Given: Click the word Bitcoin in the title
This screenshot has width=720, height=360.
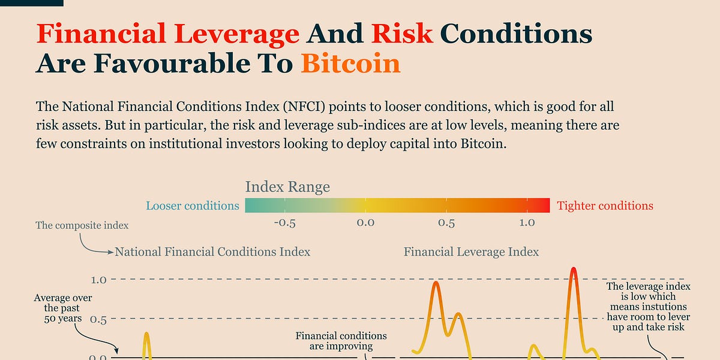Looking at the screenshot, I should (350, 62).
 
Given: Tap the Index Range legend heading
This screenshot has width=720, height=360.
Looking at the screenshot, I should (287, 187).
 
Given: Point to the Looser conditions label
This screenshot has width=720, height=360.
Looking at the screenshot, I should (193, 206).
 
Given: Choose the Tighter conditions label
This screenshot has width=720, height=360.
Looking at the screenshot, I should (605, 206).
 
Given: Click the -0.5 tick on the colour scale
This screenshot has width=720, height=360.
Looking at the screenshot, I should (284, 223).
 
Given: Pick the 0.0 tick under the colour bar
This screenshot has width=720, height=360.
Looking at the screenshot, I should (365, 223).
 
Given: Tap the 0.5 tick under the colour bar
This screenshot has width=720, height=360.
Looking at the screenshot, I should (446, 223).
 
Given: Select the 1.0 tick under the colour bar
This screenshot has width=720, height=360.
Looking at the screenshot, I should (527, 223).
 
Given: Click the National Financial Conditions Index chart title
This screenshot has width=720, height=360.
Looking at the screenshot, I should (212, 252).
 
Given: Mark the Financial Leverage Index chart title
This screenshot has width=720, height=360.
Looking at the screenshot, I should (471, 252).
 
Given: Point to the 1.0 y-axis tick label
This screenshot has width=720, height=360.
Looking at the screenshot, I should (98, 280).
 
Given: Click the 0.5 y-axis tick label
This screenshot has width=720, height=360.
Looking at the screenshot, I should (98, 319).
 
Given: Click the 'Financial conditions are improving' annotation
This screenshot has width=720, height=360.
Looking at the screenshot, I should (341, 341).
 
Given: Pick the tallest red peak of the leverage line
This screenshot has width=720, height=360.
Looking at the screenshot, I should (574, 269).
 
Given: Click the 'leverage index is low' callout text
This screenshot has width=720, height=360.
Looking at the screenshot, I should (648, 307).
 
